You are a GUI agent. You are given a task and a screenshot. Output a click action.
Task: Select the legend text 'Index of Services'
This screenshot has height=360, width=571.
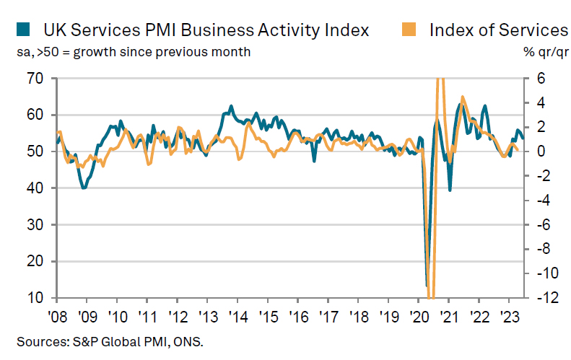pyautogui.click(x=498, y=30)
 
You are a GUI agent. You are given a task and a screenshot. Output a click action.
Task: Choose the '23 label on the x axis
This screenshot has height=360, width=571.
pyautogui.click(x=507, y=316)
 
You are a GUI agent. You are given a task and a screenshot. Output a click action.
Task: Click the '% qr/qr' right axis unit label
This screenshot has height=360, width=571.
pyautogui.click(x=546, y=52)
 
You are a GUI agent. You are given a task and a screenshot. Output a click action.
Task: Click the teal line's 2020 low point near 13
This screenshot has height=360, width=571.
pyautogui.click(x=427, y=286)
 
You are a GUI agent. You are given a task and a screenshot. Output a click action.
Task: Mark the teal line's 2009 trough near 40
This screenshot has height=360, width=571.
pyautogui.click(x=84, y=188)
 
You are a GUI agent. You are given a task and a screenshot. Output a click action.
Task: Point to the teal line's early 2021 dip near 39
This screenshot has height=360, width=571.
pyautogui.click(x=450, y=190)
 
